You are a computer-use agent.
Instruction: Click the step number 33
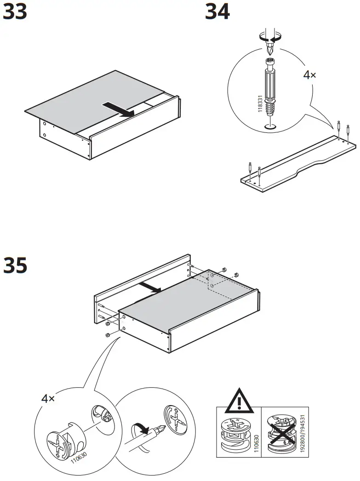coord(15,12)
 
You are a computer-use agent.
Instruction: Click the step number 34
coord(217,12)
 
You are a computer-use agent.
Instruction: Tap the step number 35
coord(15,266)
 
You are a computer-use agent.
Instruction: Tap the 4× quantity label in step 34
coord(309,75)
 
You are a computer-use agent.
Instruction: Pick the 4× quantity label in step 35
coord(48,399)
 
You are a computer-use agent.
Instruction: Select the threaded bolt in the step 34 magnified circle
coord(271,87)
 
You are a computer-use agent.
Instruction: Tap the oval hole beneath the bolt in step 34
coord(271,126)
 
